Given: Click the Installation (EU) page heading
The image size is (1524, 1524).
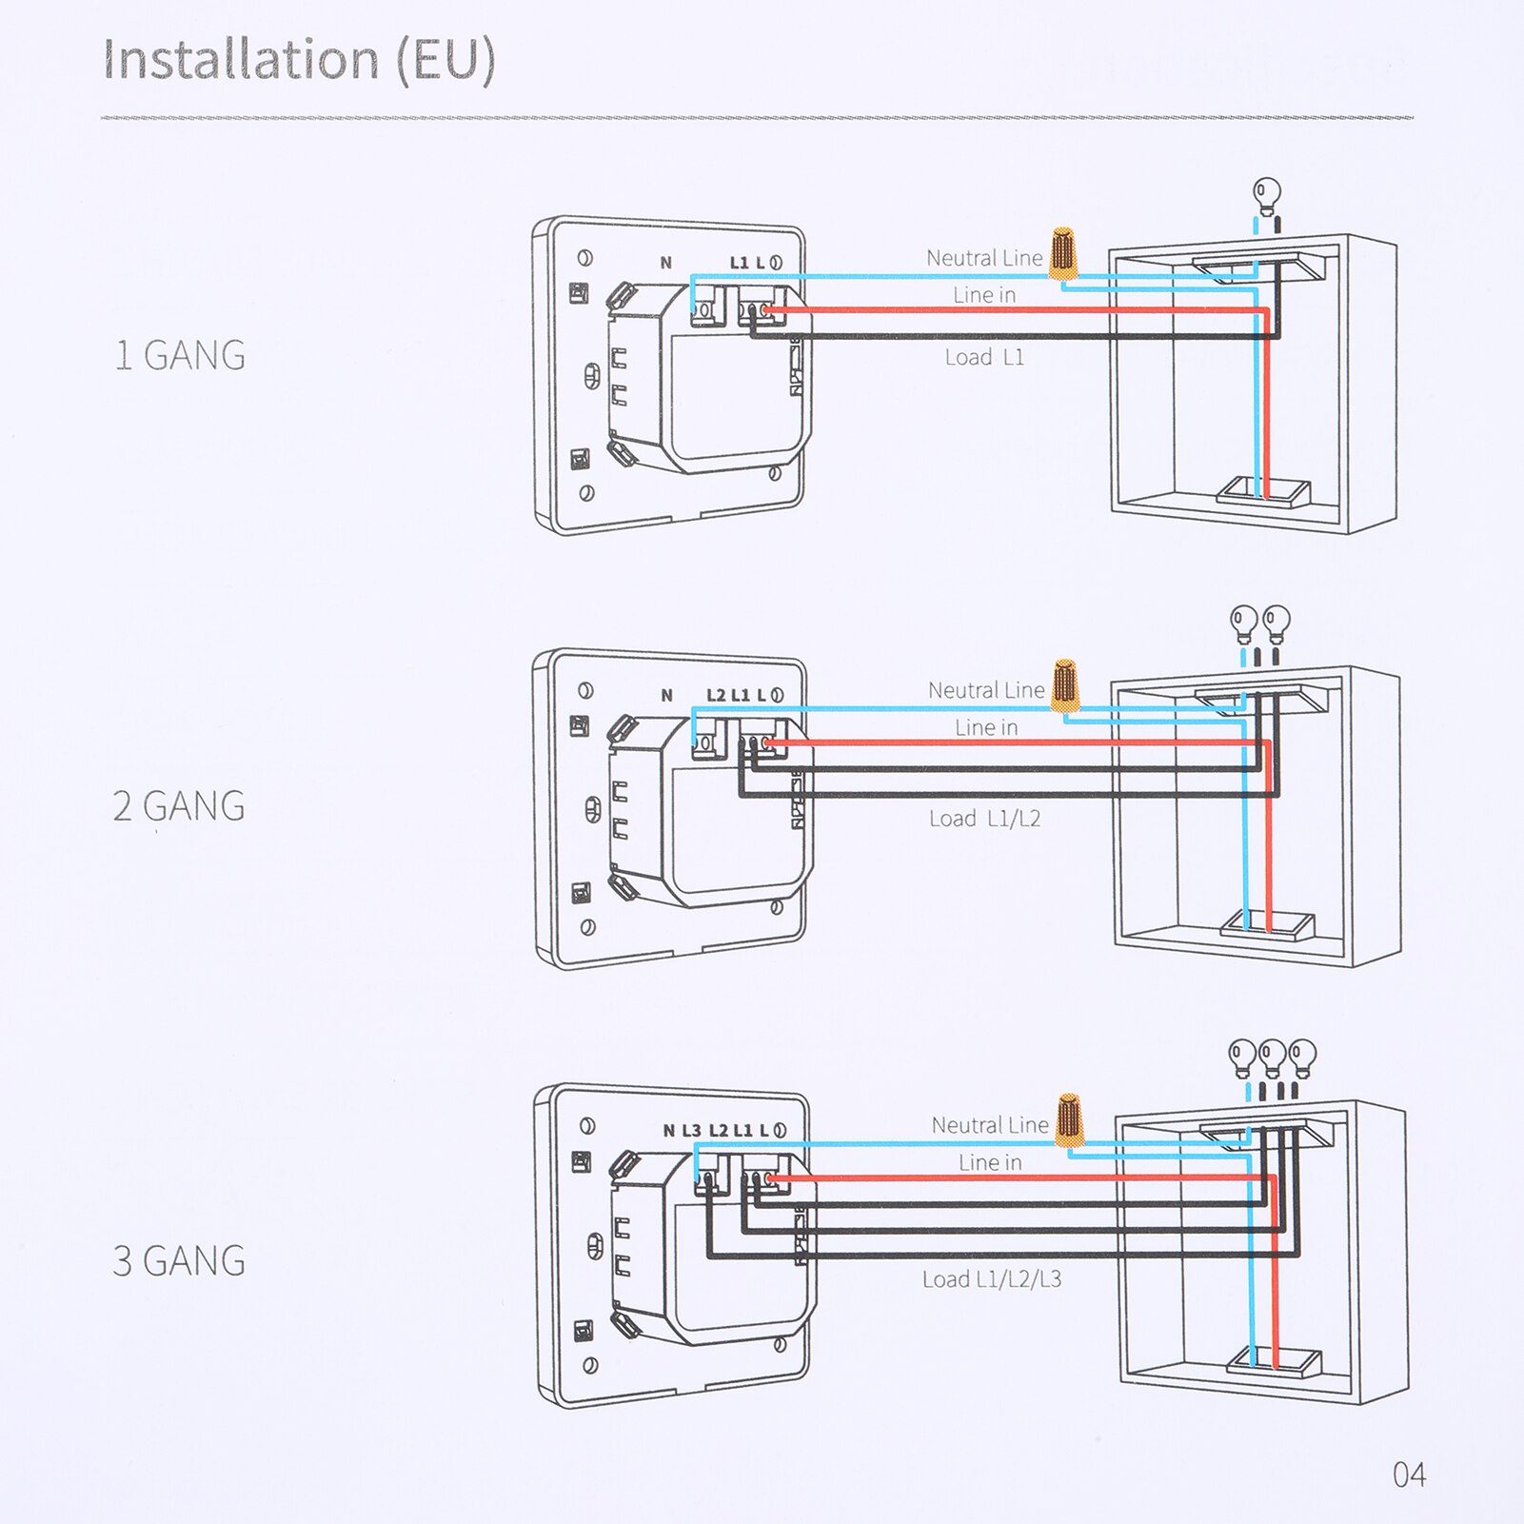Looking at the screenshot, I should click(299, 59).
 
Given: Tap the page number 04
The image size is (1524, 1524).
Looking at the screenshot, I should click(1409, 1475).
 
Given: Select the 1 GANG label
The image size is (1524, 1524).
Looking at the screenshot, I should click(180, 355).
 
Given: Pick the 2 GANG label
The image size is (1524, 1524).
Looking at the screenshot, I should click(179, 806).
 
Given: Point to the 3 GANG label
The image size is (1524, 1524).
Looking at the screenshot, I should click(179, 1260).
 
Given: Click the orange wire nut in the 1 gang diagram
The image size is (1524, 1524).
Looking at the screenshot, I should click(1062, 253).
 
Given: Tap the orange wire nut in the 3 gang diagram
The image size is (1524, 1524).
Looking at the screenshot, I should click(1069, 1120).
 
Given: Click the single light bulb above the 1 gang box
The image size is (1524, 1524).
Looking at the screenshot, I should click(1266, 196).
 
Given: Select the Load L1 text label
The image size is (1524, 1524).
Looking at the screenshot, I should click(984, 358).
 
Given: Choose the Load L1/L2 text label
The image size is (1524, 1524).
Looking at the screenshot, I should click(984, 819).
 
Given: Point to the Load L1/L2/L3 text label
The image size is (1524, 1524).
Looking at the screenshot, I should click(991, 1279).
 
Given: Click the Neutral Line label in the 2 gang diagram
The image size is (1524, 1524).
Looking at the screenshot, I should click(986, 690).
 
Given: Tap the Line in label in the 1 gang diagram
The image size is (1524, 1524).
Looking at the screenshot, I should click(984, 295).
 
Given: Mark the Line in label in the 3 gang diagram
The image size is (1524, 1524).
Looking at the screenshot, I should click(990, 1162).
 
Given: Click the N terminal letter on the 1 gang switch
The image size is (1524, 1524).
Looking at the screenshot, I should click(666, 263).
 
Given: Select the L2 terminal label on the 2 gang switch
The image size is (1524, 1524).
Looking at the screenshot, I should click(716, 695).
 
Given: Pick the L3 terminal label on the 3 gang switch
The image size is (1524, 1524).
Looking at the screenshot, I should click(691, 1130).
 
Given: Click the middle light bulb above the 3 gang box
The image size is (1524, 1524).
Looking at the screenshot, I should click(1272, 1055).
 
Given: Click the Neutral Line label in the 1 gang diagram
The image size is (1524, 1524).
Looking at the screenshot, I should click(984, 258).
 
